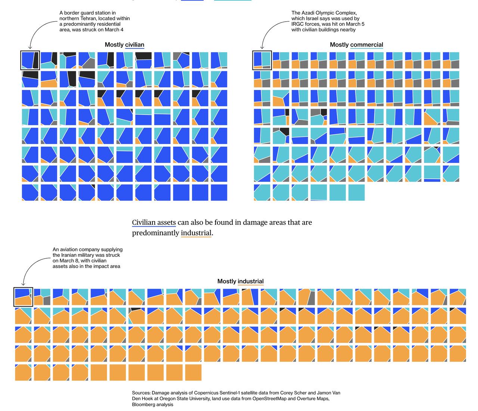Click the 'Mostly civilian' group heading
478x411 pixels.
124,45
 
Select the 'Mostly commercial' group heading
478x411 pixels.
356,45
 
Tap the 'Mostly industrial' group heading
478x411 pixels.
240,281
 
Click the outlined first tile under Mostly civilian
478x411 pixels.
30,60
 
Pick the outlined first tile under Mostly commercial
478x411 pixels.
262,60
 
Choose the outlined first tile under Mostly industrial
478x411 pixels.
23,297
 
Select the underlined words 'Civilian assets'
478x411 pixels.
154,222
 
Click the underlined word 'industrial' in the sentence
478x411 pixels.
196,233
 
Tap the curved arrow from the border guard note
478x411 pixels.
35,34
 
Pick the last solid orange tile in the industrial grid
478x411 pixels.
193,373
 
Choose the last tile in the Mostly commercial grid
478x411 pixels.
356,193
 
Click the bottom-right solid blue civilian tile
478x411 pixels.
219,193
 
